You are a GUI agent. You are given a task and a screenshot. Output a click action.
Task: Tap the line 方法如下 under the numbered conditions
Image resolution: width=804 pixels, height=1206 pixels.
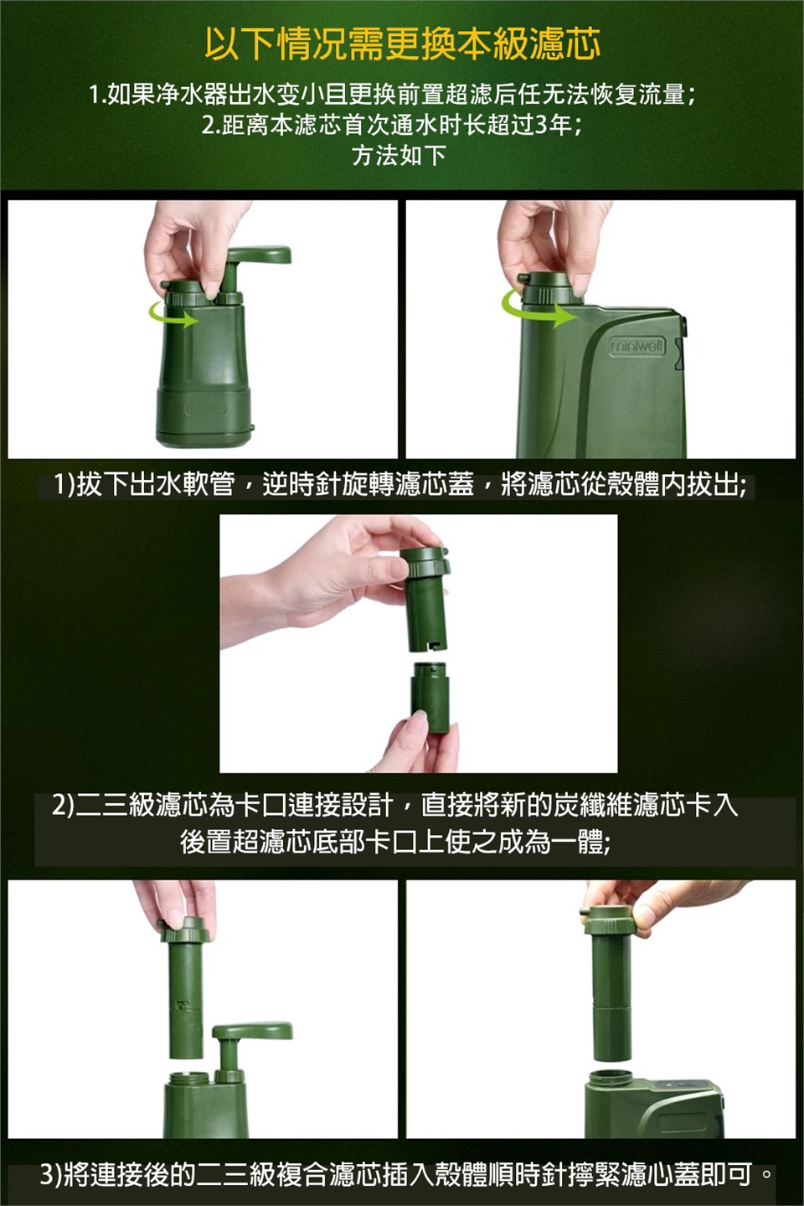pos(399,156)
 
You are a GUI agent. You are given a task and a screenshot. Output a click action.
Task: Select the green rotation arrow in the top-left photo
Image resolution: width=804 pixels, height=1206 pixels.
pos(173,316)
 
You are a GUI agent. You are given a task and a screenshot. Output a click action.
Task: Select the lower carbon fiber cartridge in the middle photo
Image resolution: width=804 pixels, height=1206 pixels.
pos(430,697)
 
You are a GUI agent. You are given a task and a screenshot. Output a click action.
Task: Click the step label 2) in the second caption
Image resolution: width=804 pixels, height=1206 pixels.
pos(63,806)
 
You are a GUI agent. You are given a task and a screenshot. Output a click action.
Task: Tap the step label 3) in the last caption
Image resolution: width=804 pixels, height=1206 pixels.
pos(52,1172)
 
